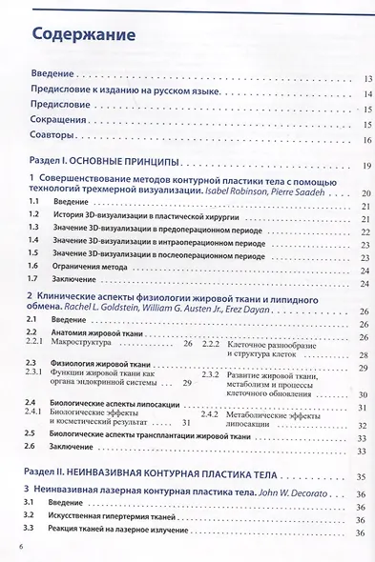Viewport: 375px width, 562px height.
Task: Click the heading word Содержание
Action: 84,35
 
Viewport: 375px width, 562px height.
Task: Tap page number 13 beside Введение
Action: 367,78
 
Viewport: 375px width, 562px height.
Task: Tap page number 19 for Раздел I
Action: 367,167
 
